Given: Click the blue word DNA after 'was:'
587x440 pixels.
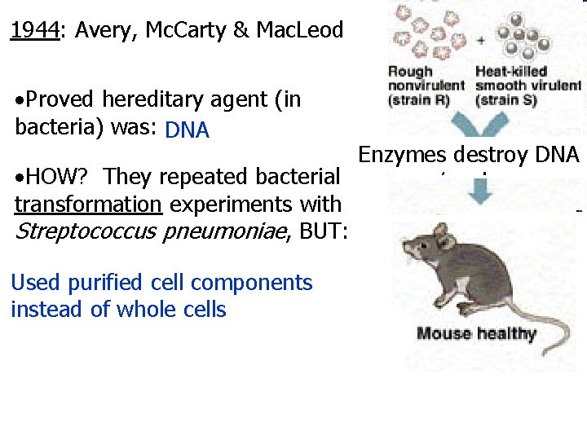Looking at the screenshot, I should [x=187, y=130].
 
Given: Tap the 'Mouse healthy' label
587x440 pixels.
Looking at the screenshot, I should [x=476, y=333].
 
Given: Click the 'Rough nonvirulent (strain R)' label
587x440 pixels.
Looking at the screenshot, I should [x=426, y=86].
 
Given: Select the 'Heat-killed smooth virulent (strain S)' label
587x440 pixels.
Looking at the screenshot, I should [x=527, y=86].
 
